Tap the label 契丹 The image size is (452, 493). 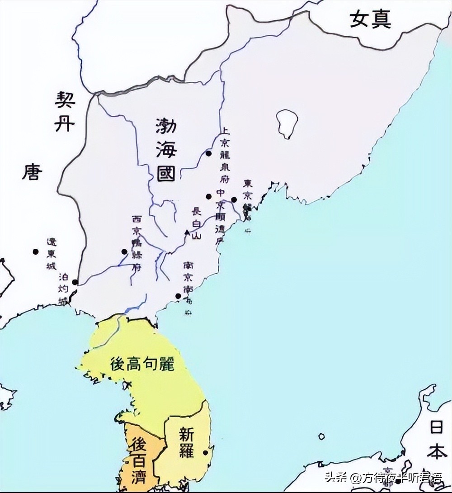click(x=64, y=111)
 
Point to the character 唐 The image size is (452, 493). click(x=32, y=172)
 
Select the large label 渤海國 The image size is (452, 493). click(x=165, y=150)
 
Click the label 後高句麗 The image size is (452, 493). click(x=142, y=363)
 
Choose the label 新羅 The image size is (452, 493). click(x=186, y=442)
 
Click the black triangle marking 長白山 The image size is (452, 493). click(x=187, y=232)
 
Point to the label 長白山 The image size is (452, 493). click(x=196, y=223)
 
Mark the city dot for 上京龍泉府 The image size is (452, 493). click(x=209, y=153)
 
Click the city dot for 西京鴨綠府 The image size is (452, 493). click(x=124, y=251)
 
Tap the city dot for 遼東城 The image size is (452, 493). click(x=35, y=251)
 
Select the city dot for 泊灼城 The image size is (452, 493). click(x=75, y=282)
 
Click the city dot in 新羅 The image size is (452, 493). click(x=206, y=452)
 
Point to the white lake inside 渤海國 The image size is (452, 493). click(x=287, y=123)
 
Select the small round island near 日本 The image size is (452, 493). click(x=321, y=436)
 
